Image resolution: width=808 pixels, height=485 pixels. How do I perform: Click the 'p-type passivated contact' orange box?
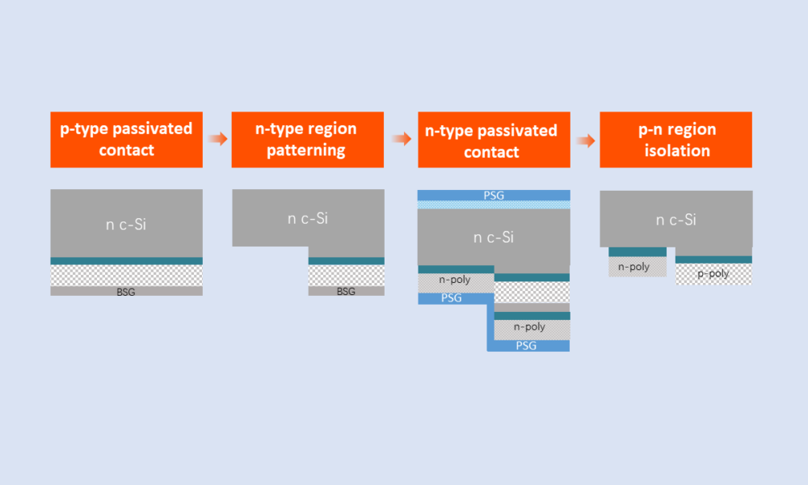pos(126,140)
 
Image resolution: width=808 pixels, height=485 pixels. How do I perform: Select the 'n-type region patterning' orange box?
pos(308,140)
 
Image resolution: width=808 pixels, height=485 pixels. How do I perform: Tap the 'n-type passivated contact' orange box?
pos(494,140)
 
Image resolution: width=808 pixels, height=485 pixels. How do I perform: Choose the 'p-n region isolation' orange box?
pos(675,140)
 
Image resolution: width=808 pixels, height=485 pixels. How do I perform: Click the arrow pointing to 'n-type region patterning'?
pos(218,138)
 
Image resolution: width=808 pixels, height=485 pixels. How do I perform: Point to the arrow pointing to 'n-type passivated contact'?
pos(402,139)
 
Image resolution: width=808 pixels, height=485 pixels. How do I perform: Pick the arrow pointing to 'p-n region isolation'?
pos(585,141)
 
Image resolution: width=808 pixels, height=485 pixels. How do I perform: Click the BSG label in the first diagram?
pos(126,293)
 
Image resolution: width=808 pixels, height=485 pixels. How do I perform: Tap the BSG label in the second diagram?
pos(346,292)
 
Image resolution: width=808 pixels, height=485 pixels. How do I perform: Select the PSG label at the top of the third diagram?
pos(494,196)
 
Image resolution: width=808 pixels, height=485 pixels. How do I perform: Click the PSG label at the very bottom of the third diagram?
pos(526,346)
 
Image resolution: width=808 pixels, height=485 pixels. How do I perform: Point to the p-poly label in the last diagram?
pos(713,274)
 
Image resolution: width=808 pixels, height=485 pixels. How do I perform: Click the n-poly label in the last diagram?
pos(633,267)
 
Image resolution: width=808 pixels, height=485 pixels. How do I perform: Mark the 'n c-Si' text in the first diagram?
pos(126,225)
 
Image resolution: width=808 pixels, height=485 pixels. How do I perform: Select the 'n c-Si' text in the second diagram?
pos(308,218)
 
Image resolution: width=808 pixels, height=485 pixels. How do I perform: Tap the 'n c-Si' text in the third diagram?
pos(494,237)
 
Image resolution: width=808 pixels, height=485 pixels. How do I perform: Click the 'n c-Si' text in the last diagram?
pos(675,220)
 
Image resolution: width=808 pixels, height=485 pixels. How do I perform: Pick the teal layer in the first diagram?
pos(126,261)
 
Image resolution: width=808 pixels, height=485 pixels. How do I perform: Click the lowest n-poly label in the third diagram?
pos(529,327)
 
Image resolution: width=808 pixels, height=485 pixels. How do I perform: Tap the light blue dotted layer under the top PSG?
pos(494,205)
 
